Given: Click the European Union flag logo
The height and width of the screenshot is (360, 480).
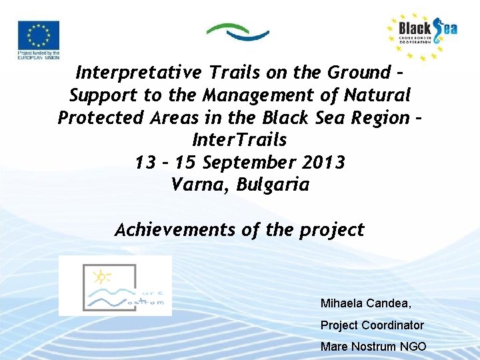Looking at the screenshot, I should point(38,39).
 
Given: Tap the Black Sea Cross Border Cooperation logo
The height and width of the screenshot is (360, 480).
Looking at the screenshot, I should point(422,37).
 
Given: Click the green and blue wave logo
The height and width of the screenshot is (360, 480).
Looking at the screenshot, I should point(237,31).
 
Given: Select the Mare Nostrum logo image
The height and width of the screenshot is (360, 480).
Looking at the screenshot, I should point(115,285).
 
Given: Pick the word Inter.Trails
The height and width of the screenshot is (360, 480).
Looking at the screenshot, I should point(239,141).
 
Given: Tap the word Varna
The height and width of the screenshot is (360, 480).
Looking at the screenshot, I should point(194,185).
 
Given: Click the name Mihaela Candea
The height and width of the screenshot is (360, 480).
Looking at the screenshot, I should point(365,304).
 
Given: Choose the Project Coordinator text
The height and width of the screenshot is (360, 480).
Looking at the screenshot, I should point(372,325).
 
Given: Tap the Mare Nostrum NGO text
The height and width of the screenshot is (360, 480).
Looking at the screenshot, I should point(373,347).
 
